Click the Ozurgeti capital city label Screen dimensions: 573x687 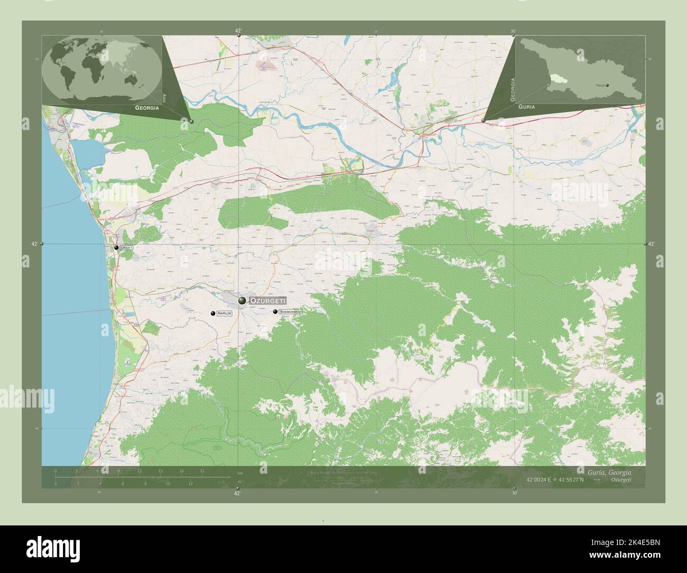(x=267, y=300)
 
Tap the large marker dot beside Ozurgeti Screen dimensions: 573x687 (x=242, y=300)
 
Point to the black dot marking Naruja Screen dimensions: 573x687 (x=212, y=313)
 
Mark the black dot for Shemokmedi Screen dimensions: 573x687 (x=275, y=311)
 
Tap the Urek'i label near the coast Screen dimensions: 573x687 (x=127, y=247)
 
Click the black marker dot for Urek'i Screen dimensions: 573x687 (x=116, y=247)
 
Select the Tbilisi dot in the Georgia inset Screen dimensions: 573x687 (x=607, y=85)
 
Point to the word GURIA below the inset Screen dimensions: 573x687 (x=526, y=107)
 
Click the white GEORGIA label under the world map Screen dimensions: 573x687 (x=147, y=107)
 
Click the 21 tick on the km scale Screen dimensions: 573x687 (x=202, y=470)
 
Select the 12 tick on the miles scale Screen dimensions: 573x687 (x=190, y=483)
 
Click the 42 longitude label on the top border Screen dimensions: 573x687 (x=238, y=31)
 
